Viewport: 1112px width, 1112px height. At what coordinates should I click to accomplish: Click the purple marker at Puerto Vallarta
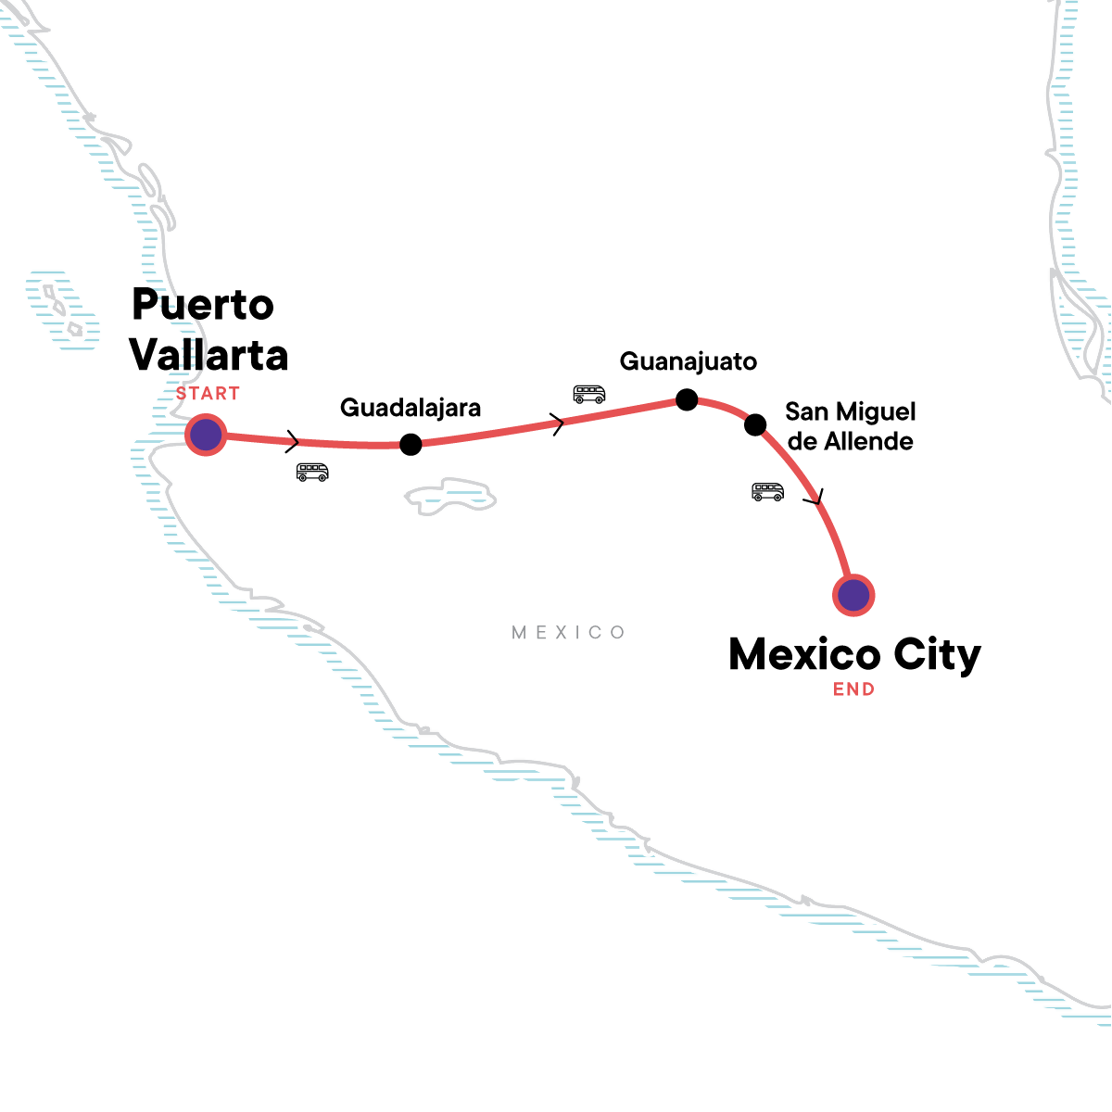point(206,435)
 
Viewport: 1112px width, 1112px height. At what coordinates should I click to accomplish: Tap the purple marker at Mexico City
point(853,595)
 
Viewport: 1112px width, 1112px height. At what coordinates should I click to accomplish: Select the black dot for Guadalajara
point(411,445)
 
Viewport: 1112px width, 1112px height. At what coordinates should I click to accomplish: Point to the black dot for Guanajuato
point(687,399)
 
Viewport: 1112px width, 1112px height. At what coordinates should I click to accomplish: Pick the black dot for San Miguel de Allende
point(755,424)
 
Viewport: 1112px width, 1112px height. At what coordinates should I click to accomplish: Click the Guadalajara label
point(411,409)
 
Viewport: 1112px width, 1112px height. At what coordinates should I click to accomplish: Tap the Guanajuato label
point(689,362)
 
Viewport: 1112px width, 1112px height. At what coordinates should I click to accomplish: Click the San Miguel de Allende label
point(850,426)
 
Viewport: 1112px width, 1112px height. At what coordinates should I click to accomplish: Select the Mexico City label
point(854,655)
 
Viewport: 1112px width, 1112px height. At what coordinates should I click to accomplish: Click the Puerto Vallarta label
point(208,330)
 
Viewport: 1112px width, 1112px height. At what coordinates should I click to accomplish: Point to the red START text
point(208,394)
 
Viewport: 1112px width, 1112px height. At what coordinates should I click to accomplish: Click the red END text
point(854,689)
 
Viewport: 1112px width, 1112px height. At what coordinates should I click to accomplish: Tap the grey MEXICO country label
point(568,633)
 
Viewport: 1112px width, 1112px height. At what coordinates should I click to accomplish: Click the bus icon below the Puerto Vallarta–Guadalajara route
point(312,472)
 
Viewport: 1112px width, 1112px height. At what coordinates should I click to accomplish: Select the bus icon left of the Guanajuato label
point(589,394)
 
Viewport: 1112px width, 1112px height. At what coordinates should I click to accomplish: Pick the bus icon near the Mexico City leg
point(767,492)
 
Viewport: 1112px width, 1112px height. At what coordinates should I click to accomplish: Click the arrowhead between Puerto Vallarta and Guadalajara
point(293,441)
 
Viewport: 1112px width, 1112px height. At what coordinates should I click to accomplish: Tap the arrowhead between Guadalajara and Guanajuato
point(558,424)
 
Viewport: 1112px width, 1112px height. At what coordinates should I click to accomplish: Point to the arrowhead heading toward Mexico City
point(815,497)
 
